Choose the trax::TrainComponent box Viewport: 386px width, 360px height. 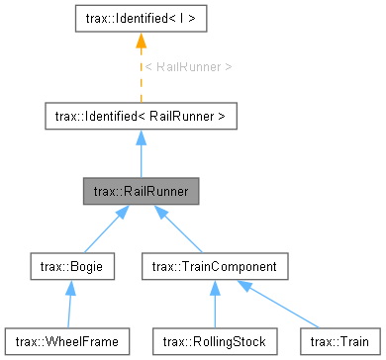click(215, 266)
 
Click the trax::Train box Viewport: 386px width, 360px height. click(332, 341)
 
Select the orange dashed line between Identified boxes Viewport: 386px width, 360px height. click(141, 79)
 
